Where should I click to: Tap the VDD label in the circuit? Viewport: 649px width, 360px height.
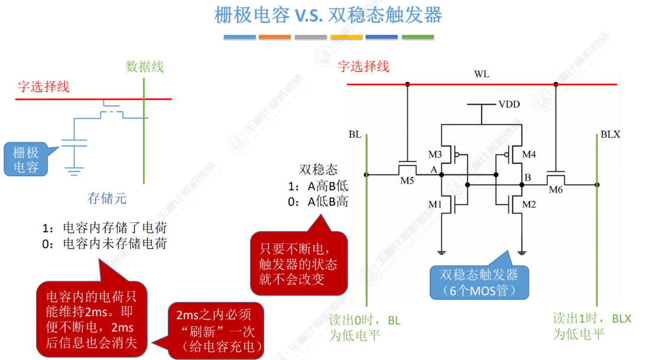coord(509,104)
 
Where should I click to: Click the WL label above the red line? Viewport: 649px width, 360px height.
coord(482,74)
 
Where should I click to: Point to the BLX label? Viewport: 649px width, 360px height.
coord(610,134)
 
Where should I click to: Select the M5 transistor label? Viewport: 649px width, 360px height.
coord(407,180)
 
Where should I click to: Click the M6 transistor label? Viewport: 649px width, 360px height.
coord(556,189)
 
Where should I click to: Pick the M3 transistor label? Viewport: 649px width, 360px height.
coord(435,155)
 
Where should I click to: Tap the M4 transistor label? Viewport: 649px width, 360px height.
coord(529,155)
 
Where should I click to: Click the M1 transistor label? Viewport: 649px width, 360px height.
coord(435,205)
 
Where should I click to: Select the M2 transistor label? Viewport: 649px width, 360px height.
coord(529,205)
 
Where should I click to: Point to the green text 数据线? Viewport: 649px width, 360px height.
coord(144,67)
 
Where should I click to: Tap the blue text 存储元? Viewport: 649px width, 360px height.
coord(107,198)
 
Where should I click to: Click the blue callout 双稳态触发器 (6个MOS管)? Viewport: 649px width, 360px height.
coord(479,283)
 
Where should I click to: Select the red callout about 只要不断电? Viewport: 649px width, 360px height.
coord(291,264)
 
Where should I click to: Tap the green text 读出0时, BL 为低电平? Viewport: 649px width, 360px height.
coord(364,327)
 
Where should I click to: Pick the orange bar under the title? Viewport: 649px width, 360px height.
coord(275,37)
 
